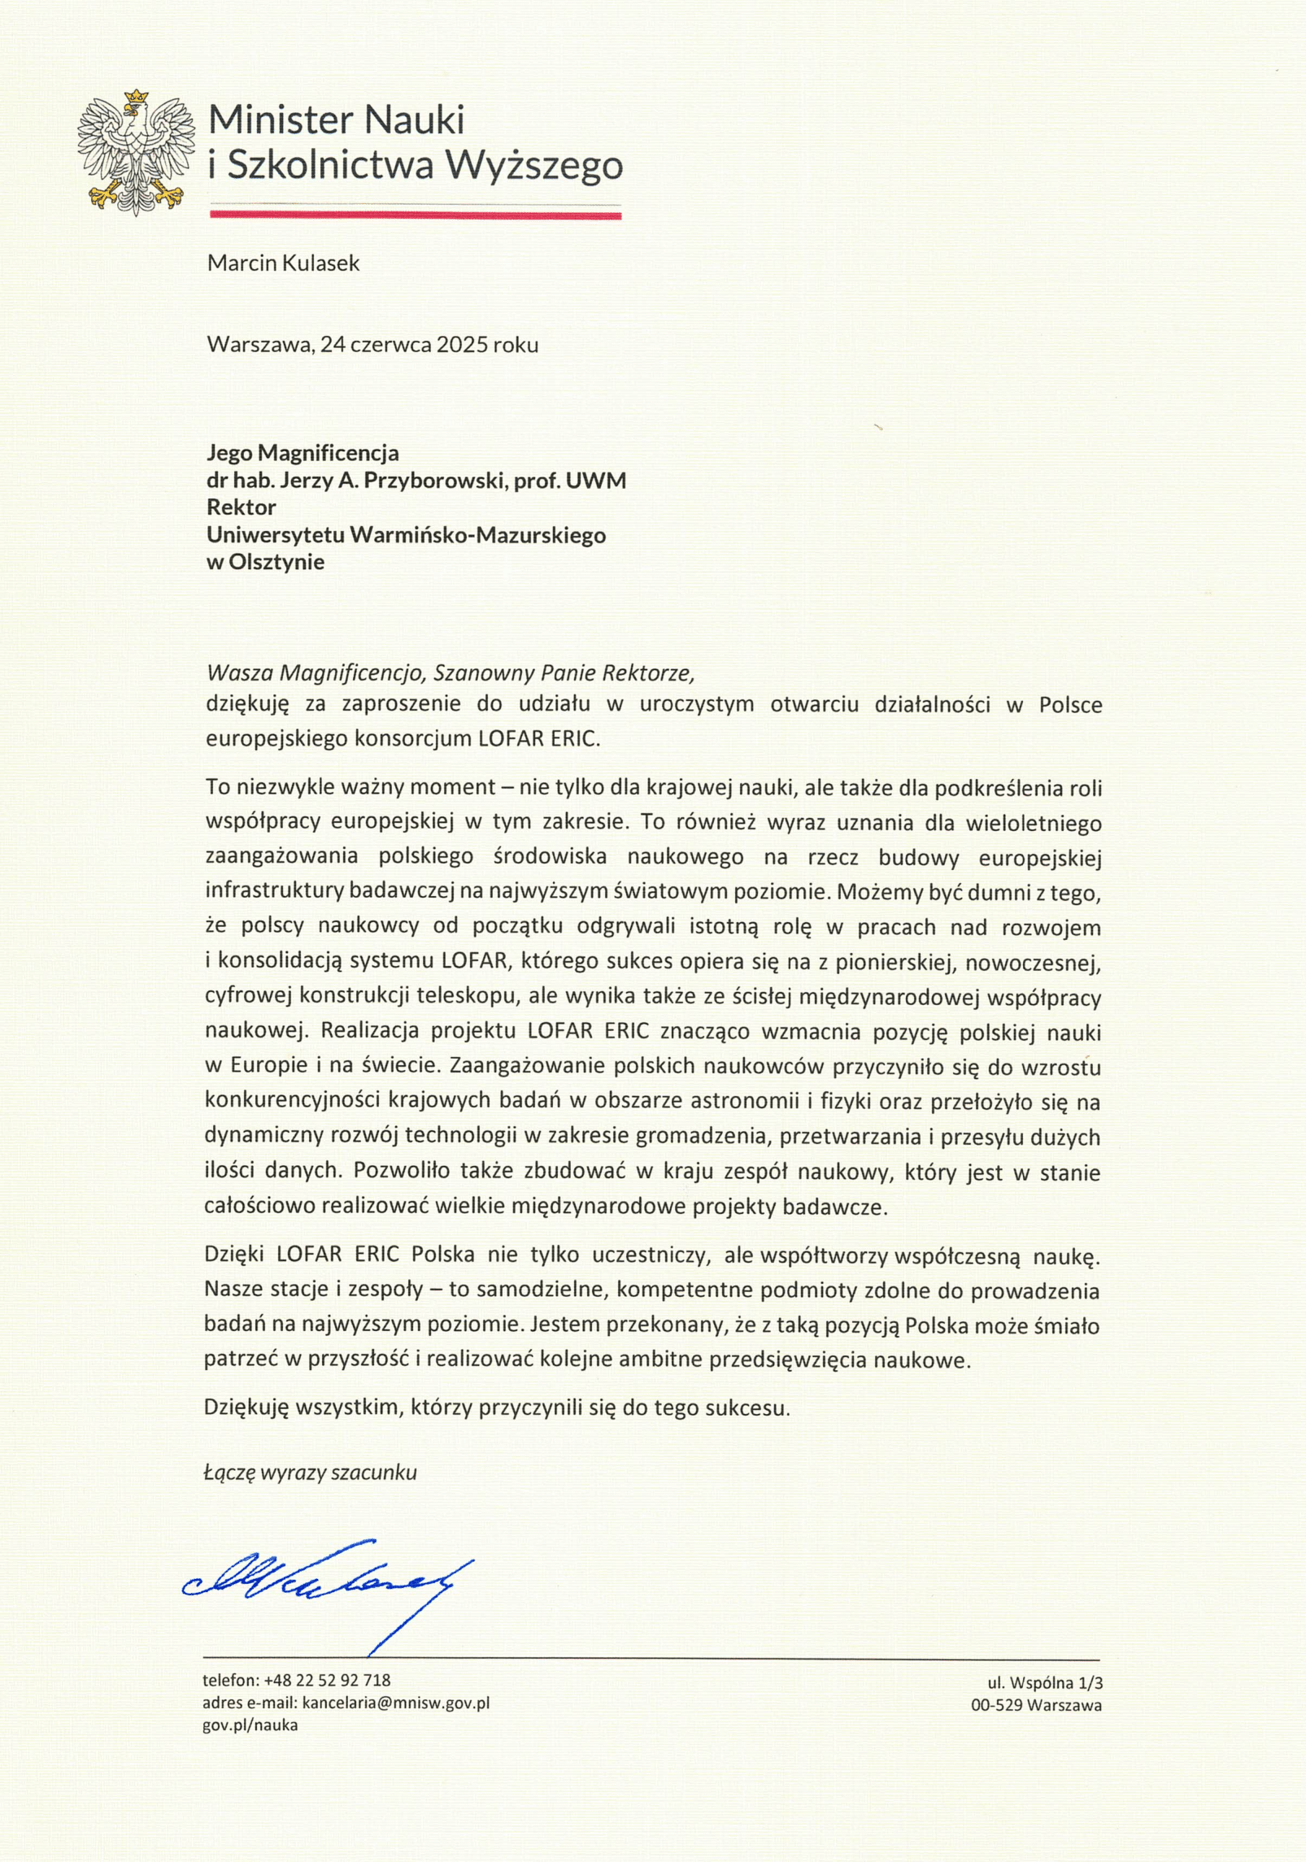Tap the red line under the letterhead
pyautogui.click(x=416, y=215)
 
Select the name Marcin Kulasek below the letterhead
pyautogui.click(x=283, y=263)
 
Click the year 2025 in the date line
pyautogui.click(x=462, y=345)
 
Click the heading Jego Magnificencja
pyautogui.click(x=303, y=452)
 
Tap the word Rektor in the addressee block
pyautogui.click(x=242, y=507)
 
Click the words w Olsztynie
pyautogui.click(x=265, y=562)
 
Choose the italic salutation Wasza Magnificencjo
pyautogui.click(x=316, y=673)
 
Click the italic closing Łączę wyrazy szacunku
pyautogui.click(x=310, y=1473)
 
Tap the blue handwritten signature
pyautogui.click(x=325, y=1581)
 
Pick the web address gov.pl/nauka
pyautogui.click(x=250, y=1725)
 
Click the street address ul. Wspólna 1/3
pyautogui.click(x=1045, y=1682)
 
